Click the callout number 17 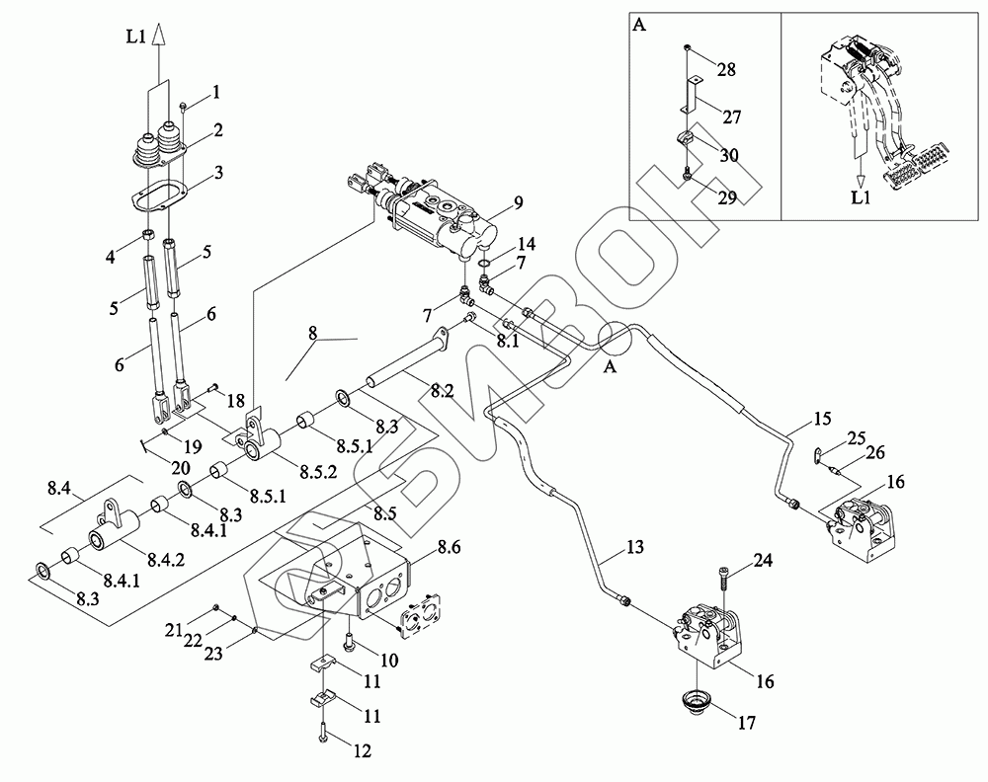747,724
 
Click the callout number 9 518,202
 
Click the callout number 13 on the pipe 634,547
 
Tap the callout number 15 822,418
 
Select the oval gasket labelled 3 160,195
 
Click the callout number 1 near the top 216,93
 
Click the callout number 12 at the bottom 363,750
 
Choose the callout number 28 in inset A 726,69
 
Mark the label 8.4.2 166,559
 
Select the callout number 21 173,629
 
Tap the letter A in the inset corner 639,25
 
